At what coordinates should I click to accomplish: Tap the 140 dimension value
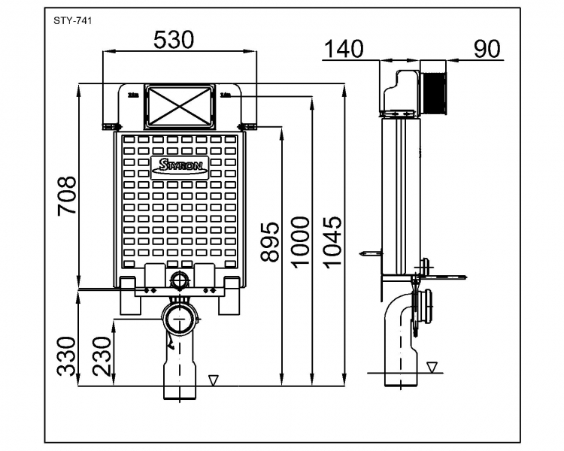point(343,49)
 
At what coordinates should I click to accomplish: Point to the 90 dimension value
point(487,49)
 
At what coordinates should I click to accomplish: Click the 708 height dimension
point(68,196)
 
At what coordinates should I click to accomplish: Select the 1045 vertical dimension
point(332,241)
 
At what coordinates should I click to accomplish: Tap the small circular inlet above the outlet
point(180,283)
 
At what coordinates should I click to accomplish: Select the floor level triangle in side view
point(432,367)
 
